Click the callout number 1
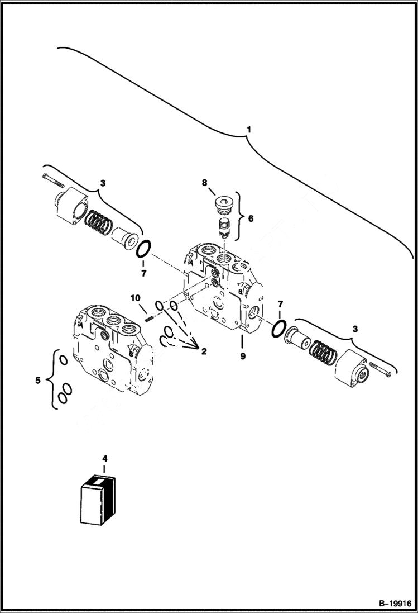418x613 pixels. pos(249,130)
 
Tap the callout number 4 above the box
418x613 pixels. pos(104,459)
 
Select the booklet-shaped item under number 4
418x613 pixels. pos(98,501)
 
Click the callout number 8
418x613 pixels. pos(205,183)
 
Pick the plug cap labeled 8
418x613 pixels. pos(223,205)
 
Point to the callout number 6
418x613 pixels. pos(250,218)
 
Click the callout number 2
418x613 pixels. pos(203,351)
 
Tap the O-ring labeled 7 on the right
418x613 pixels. pos(278,329)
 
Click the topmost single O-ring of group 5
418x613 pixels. pos(64,360)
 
